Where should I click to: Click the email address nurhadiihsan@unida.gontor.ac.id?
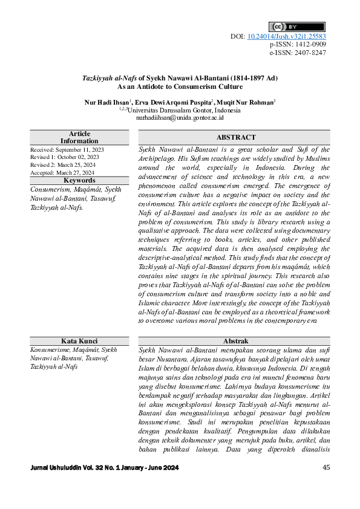(180, 118)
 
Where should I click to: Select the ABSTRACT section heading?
(235, 138)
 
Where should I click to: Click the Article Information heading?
(79, 137)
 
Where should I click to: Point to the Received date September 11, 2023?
(80, 149)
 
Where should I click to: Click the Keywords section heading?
(79, 180)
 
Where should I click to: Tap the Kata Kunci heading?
(79, 341)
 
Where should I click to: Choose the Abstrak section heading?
(235, 341)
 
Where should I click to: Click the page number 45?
(326, 467)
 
